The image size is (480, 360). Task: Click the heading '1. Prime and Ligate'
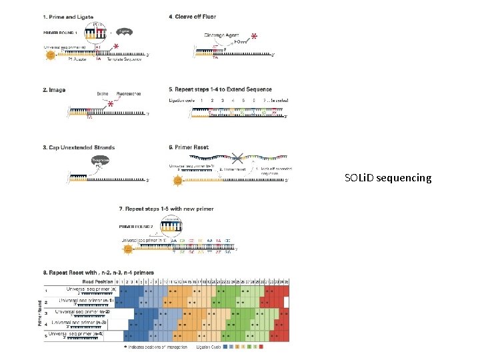tap(68, 16)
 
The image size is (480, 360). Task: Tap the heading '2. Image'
tap(54, 90)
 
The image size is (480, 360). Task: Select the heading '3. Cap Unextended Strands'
tap(79, 147)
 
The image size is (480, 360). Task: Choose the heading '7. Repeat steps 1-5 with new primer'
tap(166, 209)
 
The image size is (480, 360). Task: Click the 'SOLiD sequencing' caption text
tap(388, 178)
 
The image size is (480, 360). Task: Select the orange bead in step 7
tap(129, 249)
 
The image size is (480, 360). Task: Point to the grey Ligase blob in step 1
tap(125, 31)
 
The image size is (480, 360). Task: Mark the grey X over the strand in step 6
tap(237, 158)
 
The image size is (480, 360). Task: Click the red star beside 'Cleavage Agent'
tap(255, 37)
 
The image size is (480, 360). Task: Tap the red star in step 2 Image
tap(110, 105)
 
